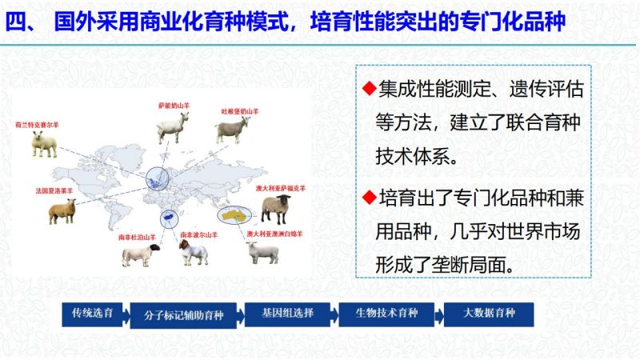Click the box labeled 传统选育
click(x=92, y=314)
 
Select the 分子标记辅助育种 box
click(x=183, y=315)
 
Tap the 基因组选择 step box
click(x=287, y=314)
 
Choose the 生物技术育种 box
click(x=386, y=314)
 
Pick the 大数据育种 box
click(x=489, y=314)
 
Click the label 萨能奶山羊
click(x=174, y=106)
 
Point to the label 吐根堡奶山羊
click(x=239, y=111)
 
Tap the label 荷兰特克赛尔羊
click(x=37, y=125)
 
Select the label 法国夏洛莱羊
click(x=54, y=190)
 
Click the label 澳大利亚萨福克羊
click(x=281, y=188)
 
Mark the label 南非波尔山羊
click(x=198, y=235)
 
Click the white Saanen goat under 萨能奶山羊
click(x=173, y=127)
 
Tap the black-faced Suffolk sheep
click(x=276, y=209)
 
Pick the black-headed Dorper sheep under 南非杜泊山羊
click(x=141, y=254)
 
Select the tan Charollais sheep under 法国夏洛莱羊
click(x=62, y=211)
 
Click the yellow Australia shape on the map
click(x=234, y=215)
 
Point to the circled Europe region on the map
click(x=157, y=178)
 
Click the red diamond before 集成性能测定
click(x=369, y=88)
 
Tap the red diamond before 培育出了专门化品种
click(x=369, y=198)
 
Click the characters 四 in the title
click(x=16, y=22)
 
